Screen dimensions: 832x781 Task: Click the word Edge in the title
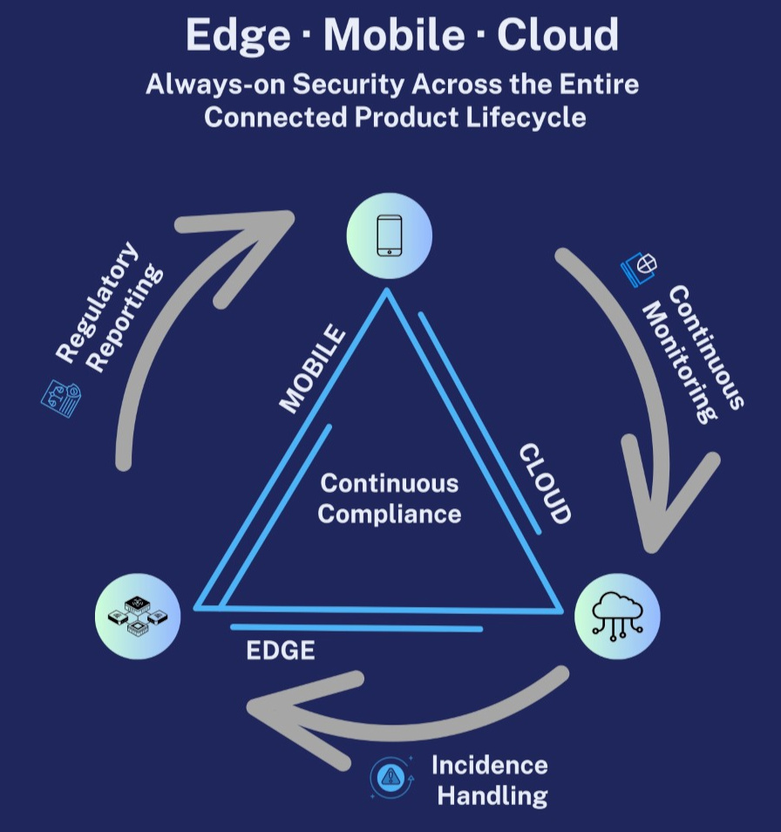pyautogui.click(x=237, y=36)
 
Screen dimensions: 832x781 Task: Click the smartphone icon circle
pyautogui.click(x=390, y=235)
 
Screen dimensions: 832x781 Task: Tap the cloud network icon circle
pyautogui.click(x=617, y=616)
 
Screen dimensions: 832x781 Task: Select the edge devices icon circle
pyautogui.click(x=138, y=616)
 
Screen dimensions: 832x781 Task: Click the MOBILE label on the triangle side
pyautogui.click(x=312, y=369)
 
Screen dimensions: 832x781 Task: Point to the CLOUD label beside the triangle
pyautogui.click(x=545, y=484)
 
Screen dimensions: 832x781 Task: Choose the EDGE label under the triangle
pyautogui.click(x=281, y=651)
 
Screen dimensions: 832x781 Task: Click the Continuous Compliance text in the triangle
pyautogui.click(x=389, y=498)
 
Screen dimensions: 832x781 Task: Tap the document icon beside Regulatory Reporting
pyautogui.click(x=62, y=399)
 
